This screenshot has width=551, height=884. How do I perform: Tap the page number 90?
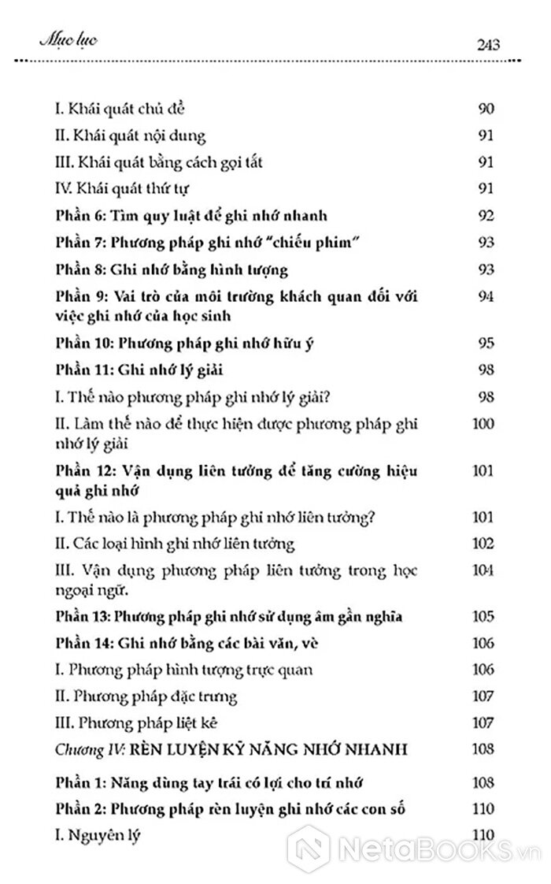pyautogui.click(x=486, y=108)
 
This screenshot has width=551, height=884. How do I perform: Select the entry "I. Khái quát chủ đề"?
pyautogui.click(x=120, y=109)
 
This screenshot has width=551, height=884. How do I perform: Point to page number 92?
pyautogui.click(x=486, y=215)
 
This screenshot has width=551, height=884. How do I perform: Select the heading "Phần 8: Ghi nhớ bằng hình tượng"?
pyautogui.click(x=172, y=269)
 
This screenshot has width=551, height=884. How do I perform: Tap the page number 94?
pyautogui.click(x=486, y=296)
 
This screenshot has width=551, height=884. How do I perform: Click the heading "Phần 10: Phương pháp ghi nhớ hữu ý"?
pyautogui.click(x=179, y=343)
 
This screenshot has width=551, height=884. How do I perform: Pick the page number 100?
pyautogui.click(x=482, y=424)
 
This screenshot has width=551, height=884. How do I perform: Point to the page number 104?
pyautogui.click(x=482, y=570)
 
